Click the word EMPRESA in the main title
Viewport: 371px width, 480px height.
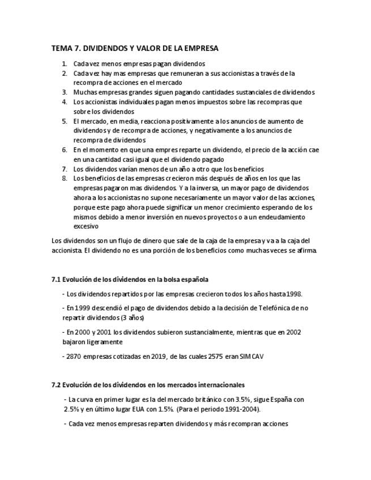pos(198,49)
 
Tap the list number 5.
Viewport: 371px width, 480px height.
pos(65,121)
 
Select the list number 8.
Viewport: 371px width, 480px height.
pos(65,178)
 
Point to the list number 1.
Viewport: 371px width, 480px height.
pos(65,64)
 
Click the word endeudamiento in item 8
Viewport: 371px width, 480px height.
pos(283,217)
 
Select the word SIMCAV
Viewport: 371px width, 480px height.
pos(251,357)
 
